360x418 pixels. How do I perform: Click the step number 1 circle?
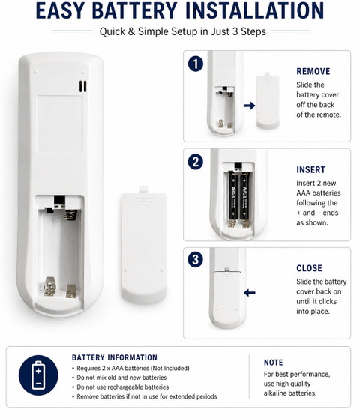196,64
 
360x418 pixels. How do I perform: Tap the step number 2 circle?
196,162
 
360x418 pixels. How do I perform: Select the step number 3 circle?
196,260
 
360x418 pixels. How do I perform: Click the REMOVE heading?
313,71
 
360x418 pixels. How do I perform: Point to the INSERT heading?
311,170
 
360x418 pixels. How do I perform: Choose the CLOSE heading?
309,268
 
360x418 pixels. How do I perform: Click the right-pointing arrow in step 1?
249,106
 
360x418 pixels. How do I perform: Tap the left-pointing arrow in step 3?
250,293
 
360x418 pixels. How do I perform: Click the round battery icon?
38,375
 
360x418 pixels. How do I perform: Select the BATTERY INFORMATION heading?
115,357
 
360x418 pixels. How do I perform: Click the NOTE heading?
274,363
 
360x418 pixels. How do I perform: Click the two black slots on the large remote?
82,86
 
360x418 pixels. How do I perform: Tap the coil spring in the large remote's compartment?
71,215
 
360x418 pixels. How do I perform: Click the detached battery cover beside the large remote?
144,244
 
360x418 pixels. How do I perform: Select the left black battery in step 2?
232,196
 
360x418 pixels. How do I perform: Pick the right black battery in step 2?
245,196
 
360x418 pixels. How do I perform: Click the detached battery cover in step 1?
268,100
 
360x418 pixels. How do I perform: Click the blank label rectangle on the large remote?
59,124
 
